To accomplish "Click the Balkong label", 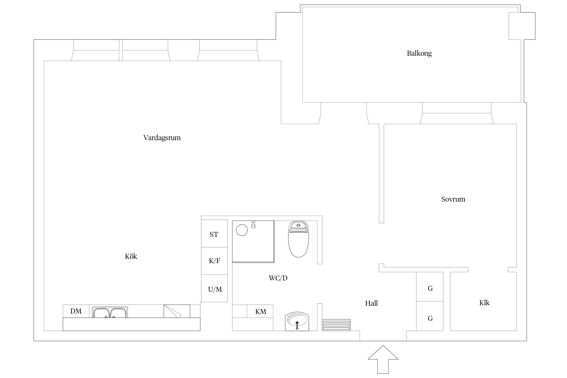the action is coord(419,53).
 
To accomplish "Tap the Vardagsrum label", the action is coord(162,138).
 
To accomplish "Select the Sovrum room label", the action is coord(453,199).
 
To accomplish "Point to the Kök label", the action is coord(131,256).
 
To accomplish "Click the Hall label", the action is coord(371,303).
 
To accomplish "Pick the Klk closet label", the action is coord(484,303).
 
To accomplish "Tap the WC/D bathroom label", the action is coord(278,278).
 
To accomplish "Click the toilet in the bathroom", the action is coord(298,239).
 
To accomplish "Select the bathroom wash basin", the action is coord(297,321).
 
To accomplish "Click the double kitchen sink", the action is coord(110,312).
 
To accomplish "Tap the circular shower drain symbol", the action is coord(242,230).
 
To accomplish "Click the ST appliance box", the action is coord(214,233).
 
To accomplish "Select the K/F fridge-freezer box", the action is coord(214,261).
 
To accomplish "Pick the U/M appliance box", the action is coord(214,288).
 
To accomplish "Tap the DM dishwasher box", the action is coord(76,311).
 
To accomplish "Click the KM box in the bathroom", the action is coord(260,311).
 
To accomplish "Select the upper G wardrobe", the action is coord(430,287).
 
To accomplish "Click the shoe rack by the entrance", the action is coord(336,325).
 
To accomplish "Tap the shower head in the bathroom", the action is coord(254,225).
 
